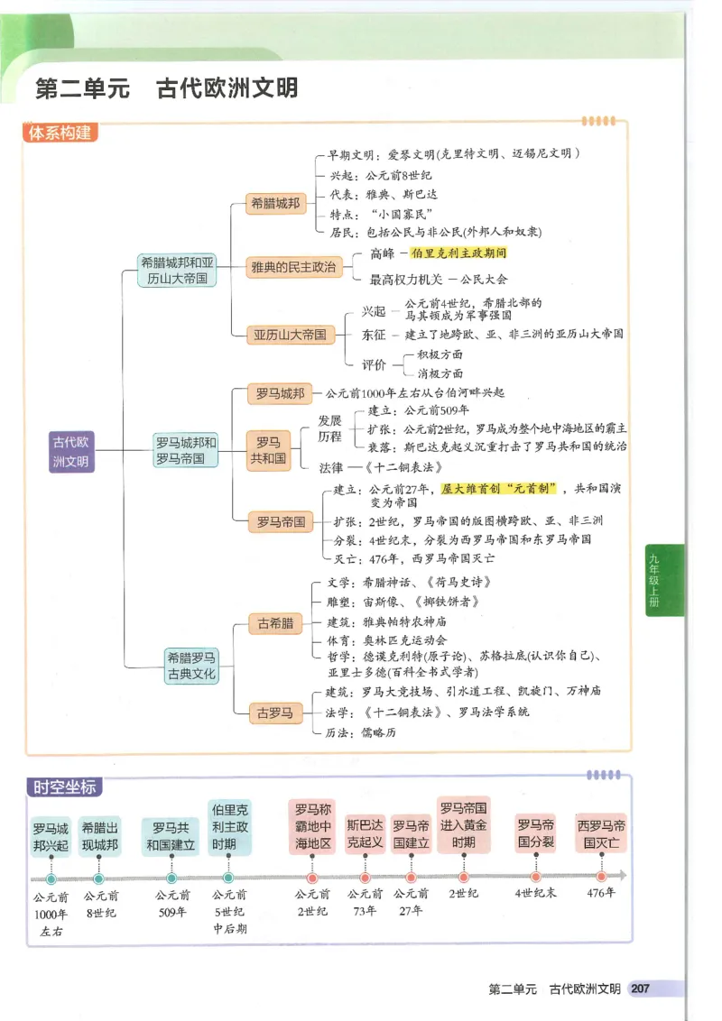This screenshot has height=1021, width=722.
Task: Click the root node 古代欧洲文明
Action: click(x=70, y=451)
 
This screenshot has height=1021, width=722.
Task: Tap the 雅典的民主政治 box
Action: click(x=292, y=267)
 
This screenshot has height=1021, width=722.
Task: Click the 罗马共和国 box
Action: click(x=268, y=450)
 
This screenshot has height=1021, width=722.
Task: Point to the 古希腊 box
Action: click(x=275, y=623)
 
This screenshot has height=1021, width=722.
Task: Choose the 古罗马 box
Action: click(x=275, y=713)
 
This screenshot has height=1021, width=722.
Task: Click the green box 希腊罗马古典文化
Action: click(x=191, y=666)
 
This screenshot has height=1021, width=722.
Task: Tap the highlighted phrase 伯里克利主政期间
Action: click(x=458, y=254)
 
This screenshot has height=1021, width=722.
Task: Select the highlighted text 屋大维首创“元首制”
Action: click(x=497, y=488)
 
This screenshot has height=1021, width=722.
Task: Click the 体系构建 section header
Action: click(x=60, y=133)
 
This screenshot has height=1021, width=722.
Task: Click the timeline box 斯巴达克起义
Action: click(x=366, y=834)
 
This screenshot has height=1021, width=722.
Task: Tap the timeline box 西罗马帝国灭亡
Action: click(x=602, y=834)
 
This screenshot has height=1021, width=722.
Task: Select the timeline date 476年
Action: click(x=601, y=894)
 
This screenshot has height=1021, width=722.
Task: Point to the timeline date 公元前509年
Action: click(x=171, y=903)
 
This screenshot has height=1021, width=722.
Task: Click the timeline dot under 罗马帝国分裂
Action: click(x=536, y=877)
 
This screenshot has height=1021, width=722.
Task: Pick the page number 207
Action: click(x=641, y=989)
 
